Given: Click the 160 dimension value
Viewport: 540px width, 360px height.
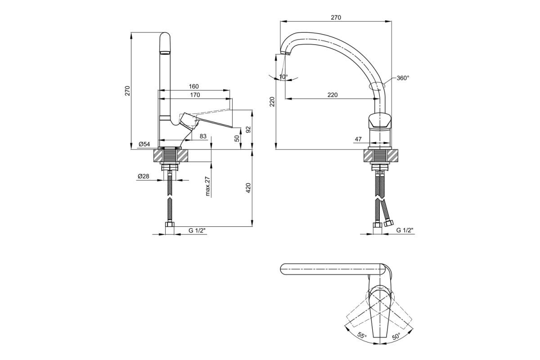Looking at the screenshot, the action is coord(193,86).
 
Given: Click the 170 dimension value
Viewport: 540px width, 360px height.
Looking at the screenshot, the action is coord(195,95).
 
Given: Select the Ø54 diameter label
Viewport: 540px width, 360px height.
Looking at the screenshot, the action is coord(144,144).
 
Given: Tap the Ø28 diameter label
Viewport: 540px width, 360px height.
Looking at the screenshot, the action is coord(144,176).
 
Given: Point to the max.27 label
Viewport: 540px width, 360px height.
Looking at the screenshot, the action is coord(207,186).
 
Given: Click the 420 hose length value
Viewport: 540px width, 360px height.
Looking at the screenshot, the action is coord(248,188).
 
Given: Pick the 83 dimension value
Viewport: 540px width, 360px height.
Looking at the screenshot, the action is coord(203,136).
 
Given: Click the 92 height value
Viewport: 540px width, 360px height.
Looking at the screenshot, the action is coord(248,130).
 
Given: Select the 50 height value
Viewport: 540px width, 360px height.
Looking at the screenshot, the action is coord(237,139).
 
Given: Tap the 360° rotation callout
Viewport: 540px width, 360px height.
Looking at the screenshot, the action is coord(403,78).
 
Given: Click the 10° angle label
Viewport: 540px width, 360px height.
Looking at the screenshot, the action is coord(283,76).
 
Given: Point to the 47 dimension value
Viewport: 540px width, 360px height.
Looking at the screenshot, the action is coord(358,139).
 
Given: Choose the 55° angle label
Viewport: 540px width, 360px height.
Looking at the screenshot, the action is coord(362,335).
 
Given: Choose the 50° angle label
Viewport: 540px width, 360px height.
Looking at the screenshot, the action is coord(396,336).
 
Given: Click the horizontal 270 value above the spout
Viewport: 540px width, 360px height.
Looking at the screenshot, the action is coord(336,18).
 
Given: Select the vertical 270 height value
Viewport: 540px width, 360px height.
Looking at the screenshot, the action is coord(127,91).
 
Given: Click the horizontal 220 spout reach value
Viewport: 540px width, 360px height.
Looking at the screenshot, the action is coord(333,95).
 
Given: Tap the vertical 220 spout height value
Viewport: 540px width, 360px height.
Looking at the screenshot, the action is coord(272,102).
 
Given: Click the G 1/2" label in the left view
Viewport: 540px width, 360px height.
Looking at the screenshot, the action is coord(197,230).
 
